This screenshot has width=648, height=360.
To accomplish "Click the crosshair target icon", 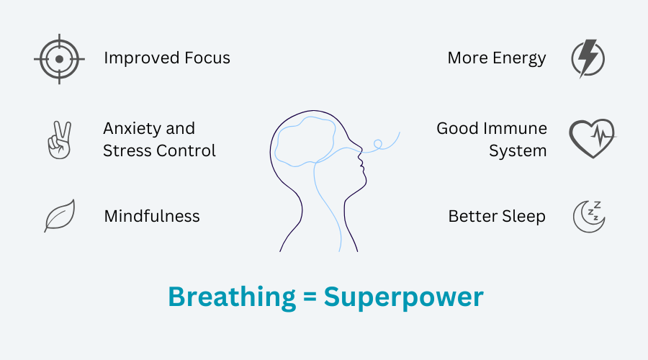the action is (60, 59).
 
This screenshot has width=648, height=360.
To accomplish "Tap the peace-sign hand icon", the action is (60, 140).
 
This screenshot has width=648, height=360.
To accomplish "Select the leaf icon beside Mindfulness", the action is (60, 215).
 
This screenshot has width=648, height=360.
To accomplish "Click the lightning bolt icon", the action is (588, 58).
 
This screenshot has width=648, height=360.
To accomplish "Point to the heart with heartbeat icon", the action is (593, 138).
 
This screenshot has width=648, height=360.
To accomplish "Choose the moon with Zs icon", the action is (589, 217).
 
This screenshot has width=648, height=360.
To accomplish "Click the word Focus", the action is (207, 58).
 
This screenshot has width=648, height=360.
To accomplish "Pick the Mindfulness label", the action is (152, 216).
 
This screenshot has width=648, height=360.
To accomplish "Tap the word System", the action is (518, 152).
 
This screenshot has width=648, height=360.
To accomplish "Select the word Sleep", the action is (523, 217).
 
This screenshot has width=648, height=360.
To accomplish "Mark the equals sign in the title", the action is (310, 297).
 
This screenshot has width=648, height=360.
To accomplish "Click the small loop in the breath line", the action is (378, 144).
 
